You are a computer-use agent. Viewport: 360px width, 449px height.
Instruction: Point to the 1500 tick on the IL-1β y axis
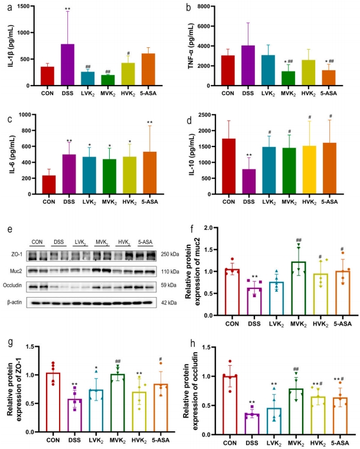tap(30, 6)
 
